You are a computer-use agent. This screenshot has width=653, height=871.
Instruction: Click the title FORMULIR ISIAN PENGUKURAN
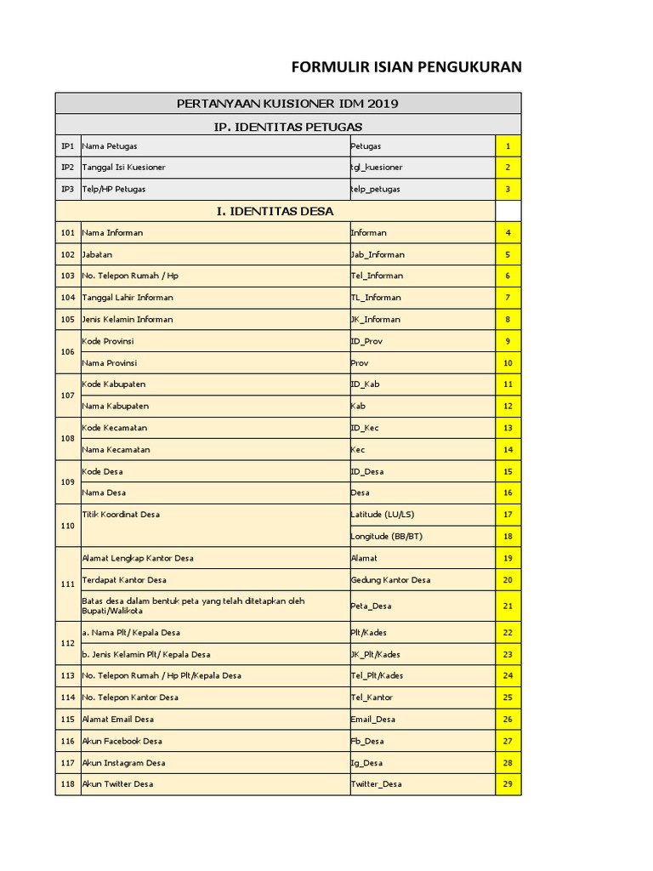coord(406,68)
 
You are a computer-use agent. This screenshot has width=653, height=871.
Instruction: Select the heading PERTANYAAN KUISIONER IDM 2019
coord(287,104)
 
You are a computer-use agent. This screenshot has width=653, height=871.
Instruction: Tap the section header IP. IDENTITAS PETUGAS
coord(287,126)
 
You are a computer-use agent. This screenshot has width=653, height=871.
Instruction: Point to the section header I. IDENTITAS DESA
coord(275,211)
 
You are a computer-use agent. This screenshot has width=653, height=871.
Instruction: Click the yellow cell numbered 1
coord(508,146)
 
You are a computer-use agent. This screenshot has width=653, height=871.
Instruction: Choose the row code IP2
coord(68,168)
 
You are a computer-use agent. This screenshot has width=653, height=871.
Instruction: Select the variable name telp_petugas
coord(375,189)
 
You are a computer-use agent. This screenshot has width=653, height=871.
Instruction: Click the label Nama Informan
coord(112,232)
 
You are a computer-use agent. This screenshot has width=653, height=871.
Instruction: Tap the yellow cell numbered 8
coord(508,319)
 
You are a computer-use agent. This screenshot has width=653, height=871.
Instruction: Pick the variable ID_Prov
coord(366,341)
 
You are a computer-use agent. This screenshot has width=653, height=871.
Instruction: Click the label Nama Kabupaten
coord(116,406)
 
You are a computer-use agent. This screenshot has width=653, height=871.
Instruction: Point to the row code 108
coord(68,438)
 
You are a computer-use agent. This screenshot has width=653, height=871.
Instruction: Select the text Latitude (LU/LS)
coord(382,514)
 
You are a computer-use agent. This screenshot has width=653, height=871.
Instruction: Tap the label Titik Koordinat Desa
coord(121,514)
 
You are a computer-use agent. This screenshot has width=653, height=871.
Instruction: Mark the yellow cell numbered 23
coord(508,654)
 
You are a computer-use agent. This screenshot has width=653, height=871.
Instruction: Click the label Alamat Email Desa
coord(118,719)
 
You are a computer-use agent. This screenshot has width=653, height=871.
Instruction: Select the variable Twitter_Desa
coord(376,783)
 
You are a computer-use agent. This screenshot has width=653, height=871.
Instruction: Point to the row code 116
coord(68,741)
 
